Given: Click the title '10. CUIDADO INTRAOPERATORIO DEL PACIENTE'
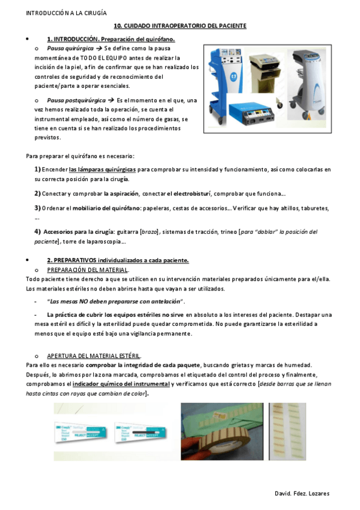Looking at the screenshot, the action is (x=180, y=26).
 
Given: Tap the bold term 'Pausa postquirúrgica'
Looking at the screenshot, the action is (x=75, y=100).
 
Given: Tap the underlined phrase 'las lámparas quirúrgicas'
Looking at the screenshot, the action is (x=102, y=170).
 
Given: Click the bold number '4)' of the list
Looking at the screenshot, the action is (x=38, y=232).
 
